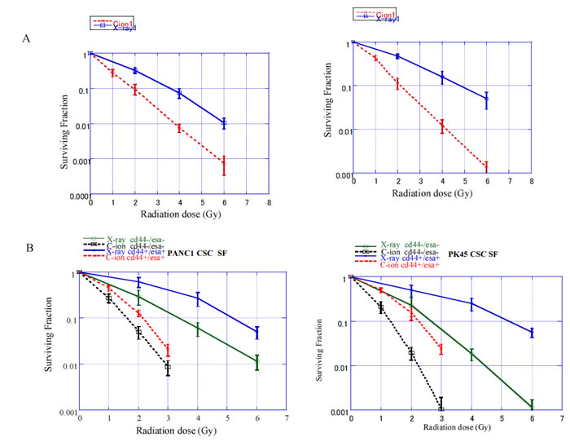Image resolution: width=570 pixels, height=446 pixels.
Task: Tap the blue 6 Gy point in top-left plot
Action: tap(223, 123)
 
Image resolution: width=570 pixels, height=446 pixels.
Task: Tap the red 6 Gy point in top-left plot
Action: tap(223, 165)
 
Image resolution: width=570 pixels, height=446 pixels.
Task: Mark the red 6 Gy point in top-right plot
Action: tap(486, 166)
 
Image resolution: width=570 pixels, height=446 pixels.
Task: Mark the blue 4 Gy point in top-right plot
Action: tap(442, 77)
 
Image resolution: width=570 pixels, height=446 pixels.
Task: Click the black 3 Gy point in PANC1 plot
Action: tap(168, 369)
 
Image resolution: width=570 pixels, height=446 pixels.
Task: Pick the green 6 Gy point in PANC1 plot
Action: tap(257, 363)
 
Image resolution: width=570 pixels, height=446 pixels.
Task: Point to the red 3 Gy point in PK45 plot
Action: tap(441, 349)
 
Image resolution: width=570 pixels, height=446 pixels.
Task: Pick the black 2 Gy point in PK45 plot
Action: tap(411, 353)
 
